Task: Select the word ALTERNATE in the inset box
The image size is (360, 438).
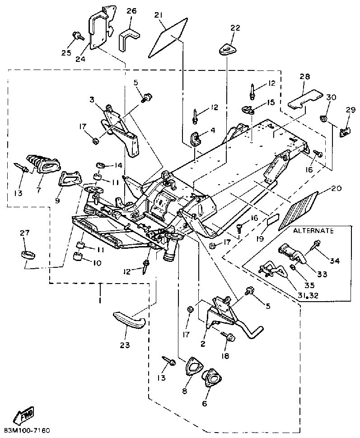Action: coord(313,231)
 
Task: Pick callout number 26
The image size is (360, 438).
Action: coord(131,11)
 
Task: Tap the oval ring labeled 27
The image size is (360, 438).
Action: coord(28,255)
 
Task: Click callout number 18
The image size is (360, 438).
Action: coord(225,356)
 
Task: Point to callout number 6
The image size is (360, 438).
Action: coord(204,403)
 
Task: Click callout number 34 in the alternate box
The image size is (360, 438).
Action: coord(334,261)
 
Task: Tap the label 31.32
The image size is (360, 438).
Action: coord(307,295)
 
